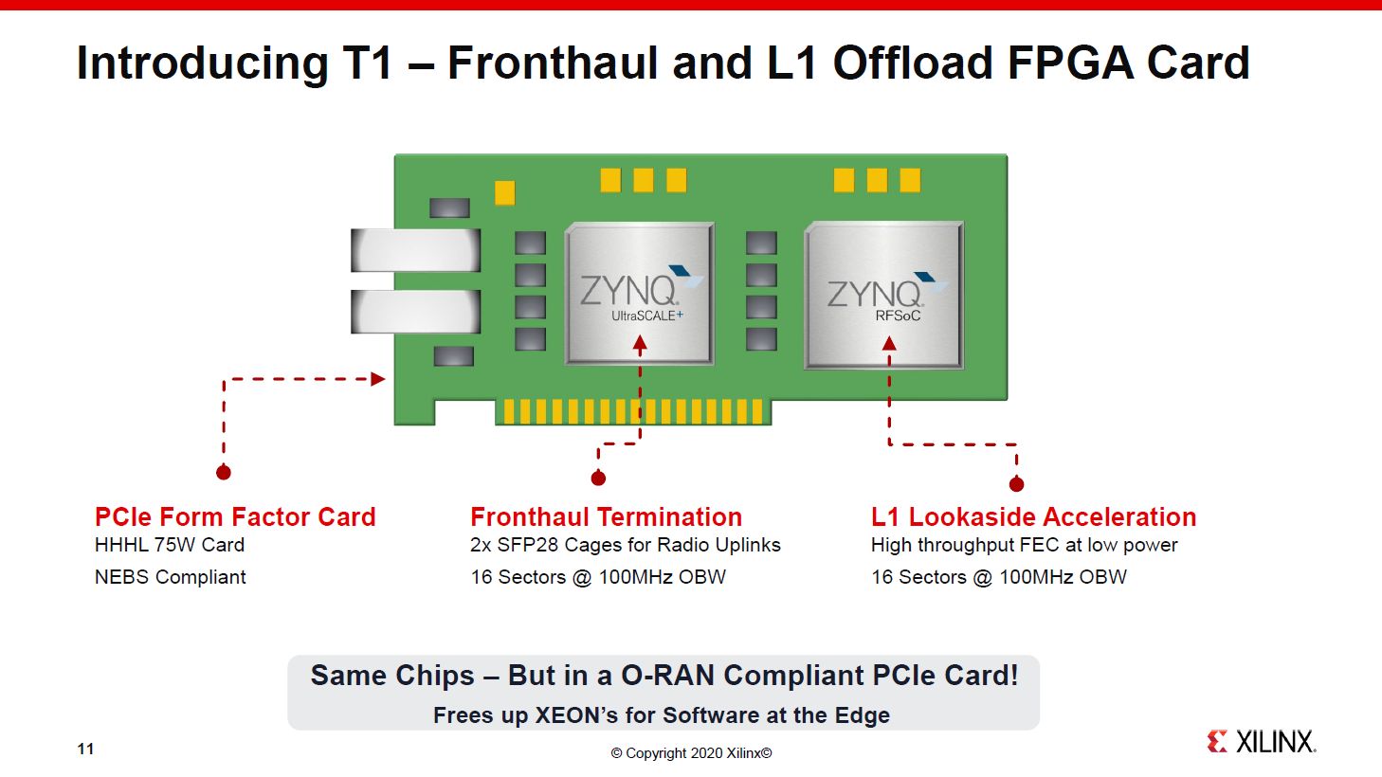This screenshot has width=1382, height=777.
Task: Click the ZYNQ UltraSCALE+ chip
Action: [x=640, y=293]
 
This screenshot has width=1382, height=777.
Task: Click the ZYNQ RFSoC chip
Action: [x=883, y=295]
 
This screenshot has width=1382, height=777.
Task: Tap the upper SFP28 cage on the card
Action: [x=416, y=250]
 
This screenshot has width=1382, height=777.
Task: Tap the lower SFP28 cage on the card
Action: [x=416, y=312]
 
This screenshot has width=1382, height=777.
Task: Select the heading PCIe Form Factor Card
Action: [x=235, y=517]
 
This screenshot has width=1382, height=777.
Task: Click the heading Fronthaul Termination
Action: [x=606, y=517]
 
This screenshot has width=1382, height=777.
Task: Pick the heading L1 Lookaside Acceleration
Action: [x=1033, y=517]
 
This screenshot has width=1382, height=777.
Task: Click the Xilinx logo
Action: [x=1262, y=742]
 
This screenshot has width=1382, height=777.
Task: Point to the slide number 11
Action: [x=85, y=750]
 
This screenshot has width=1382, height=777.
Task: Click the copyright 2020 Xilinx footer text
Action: [x=691, y=753]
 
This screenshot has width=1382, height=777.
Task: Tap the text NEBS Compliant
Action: [x=171, y=577]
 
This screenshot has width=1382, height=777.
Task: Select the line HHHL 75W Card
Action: [x=170, y=545]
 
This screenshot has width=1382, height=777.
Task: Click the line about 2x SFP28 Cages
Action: [x=626, y=545]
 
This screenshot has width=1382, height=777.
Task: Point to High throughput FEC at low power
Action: [x=1024, y=545]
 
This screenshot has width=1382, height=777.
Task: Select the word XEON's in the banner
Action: [x=576, y=715]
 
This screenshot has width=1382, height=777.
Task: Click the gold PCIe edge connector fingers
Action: [x=633, y=411]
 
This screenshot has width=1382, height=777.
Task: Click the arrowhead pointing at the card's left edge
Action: [x=378, y=379]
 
